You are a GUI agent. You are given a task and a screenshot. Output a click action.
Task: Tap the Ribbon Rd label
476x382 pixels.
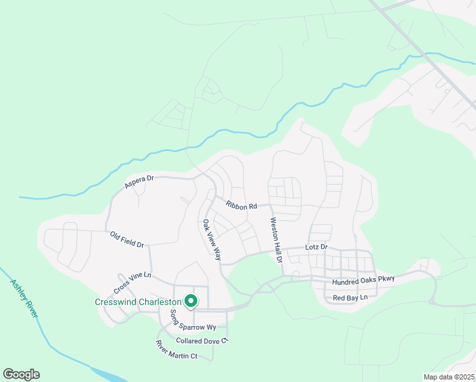[241, 206]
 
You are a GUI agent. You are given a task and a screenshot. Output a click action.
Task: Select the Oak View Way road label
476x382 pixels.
[212, 240]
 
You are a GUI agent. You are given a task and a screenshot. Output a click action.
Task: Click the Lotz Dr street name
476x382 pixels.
[316, 246]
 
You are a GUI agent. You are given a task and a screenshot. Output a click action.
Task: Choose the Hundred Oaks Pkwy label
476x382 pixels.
[363, 279]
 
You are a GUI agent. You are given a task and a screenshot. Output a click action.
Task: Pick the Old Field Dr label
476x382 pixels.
[127, 239]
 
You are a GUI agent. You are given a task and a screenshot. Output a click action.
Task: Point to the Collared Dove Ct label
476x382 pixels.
[202, 341]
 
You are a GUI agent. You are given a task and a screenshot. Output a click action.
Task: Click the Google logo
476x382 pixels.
[21, 374]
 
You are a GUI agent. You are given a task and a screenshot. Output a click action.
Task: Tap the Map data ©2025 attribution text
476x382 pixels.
[448, 377]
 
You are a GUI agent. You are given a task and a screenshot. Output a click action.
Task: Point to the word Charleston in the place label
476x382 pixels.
[158, 302]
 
